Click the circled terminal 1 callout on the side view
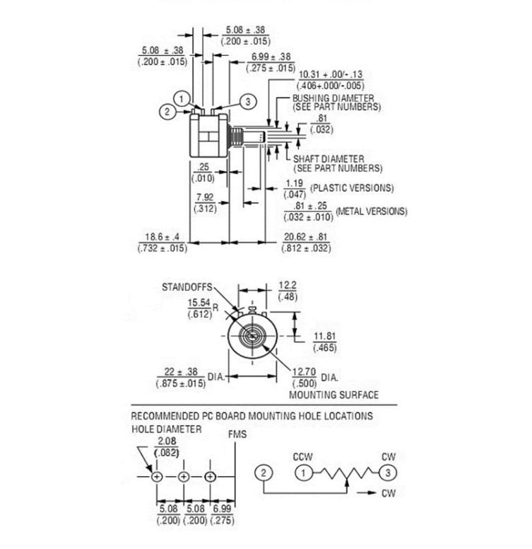(182, 99)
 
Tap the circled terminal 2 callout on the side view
(167, 111)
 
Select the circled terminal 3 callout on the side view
(247, 102)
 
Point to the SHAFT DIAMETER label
(329, 159)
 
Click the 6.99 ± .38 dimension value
(271, 57)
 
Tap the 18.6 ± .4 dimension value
(162, 237)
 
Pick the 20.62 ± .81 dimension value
(306, 237)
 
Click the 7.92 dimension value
(205, 197)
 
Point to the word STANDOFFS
(187, 288)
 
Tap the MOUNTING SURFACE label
(334, 395)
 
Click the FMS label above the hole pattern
(237, 435)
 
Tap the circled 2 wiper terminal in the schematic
(264, 473)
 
